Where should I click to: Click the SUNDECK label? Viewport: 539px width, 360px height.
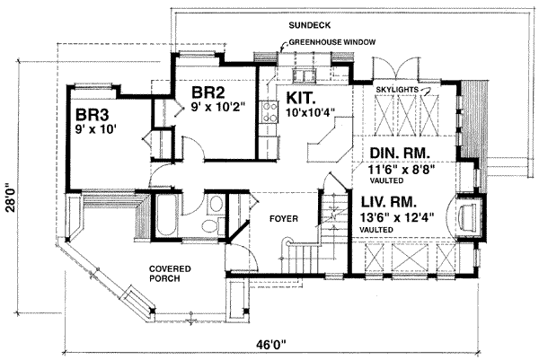coord(309,25)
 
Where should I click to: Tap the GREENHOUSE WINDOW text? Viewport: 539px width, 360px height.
coord(332,42)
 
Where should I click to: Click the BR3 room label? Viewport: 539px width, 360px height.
coord(93,115)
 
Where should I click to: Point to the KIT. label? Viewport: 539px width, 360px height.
coord(301,98)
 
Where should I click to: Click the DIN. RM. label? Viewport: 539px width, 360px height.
coord(400,154)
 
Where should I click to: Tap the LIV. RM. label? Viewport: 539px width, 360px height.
coord(389,202)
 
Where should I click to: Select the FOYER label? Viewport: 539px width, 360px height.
coord(284,218)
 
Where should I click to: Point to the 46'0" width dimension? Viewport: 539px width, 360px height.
coord(271,344)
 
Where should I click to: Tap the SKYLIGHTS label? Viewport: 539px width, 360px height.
coord(397,89)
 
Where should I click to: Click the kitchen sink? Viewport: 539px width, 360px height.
coord(304,75)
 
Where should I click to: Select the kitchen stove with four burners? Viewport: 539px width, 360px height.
coord(269,112)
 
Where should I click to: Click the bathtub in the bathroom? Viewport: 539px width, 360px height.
coord(167,215)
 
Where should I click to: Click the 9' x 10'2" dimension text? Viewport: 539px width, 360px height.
coord(219,107)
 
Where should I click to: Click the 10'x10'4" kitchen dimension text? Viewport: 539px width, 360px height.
coord(311,112)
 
